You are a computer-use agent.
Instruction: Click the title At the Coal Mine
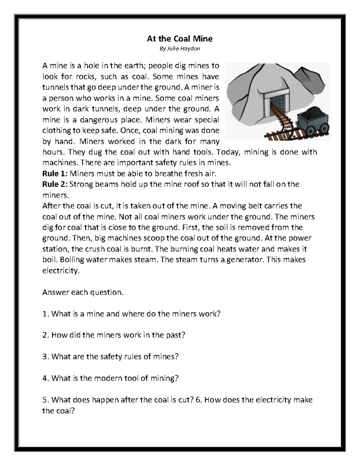[x=179, y=39]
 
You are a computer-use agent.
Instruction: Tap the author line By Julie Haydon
[x=179, y=49]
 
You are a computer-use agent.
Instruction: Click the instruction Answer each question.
[x=83, y=292]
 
